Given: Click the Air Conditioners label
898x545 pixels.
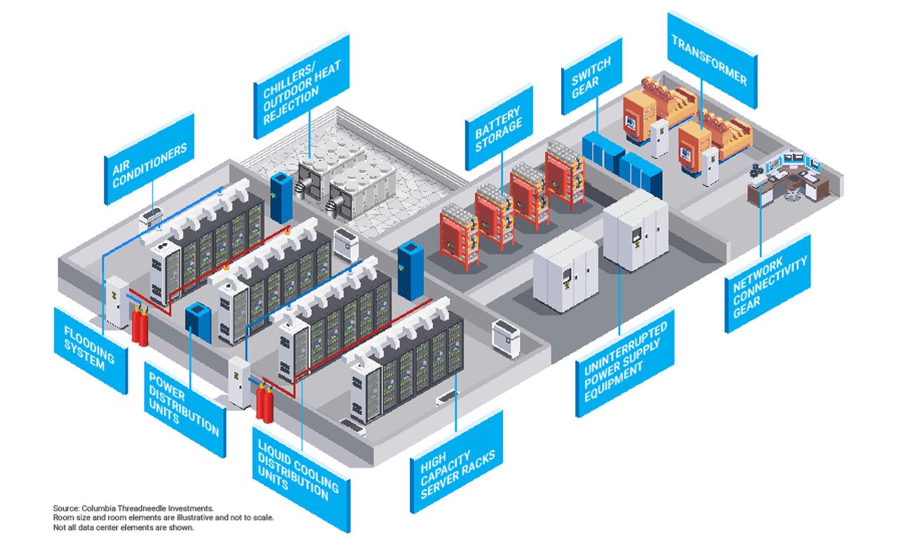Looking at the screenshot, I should [149, 159].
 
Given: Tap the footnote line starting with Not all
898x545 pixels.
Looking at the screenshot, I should [123, 527].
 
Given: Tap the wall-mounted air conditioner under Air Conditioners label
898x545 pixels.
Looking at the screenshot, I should [152, 218].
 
